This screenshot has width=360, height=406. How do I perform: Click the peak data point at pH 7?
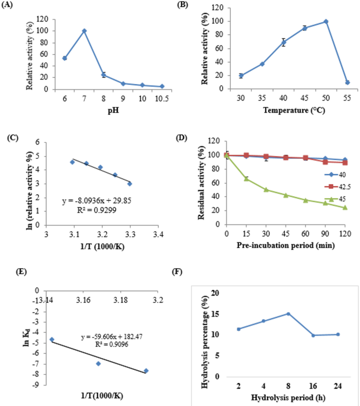[x=84, y=31]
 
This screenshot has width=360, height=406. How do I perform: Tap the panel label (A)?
[x=9, y=6]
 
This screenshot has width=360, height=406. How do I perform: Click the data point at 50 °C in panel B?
[x=326, y=22]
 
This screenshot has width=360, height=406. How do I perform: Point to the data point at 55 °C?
[x=347, y=82]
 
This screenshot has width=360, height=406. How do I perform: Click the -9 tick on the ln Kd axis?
[x=37, y=384]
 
